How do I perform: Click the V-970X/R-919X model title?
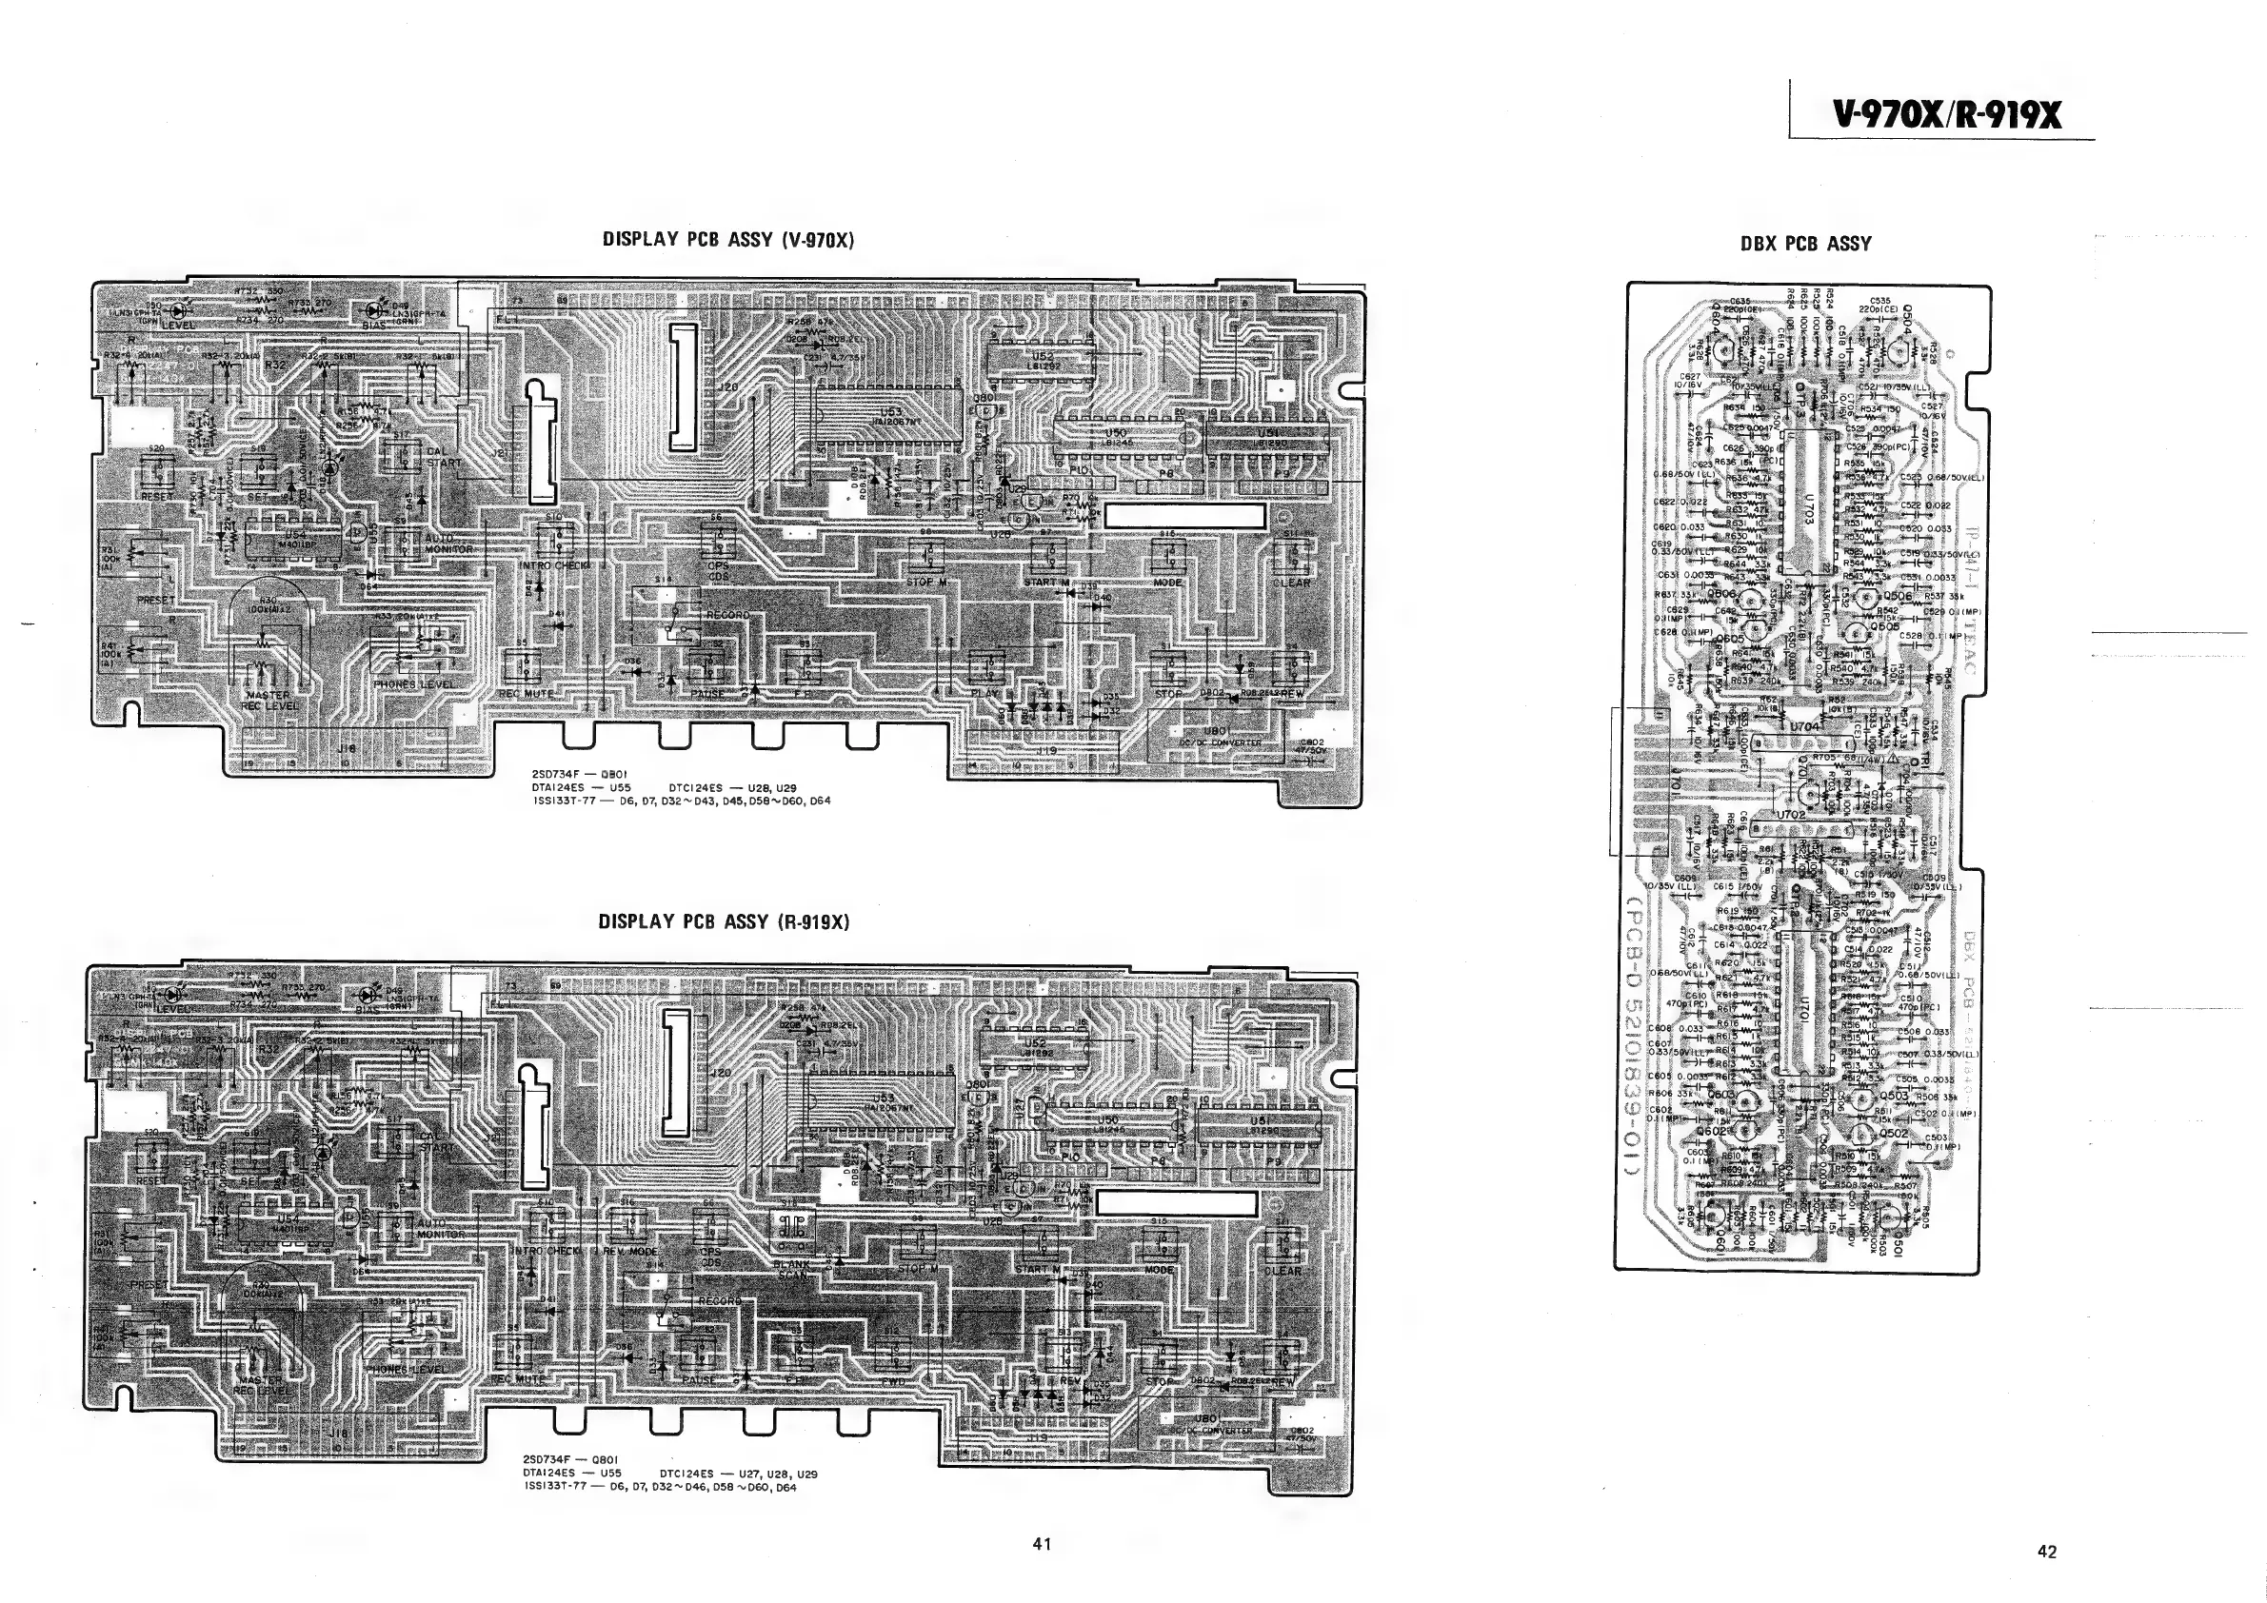(x=1946, y=116)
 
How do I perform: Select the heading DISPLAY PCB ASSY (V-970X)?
(x=727, y=239)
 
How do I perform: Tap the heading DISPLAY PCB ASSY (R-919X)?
(x=724, y=922)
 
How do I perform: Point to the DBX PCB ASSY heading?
(x=1806, y=244)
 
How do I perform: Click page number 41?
(x=1041, y=1545)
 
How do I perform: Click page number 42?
(x=2047, y=1552)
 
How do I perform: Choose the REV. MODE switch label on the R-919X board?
(x=630, y=1251)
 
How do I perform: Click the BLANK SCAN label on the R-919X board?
(x=791, y=1270)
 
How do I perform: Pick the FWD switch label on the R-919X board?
(x=894, y=1382)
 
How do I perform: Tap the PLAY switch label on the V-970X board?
(x=984, y=693)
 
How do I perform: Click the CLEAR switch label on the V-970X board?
(x=1291, y=583)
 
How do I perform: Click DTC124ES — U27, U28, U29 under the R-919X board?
(x=739, y=1474)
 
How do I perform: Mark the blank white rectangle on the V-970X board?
(x=1183, y=515)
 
